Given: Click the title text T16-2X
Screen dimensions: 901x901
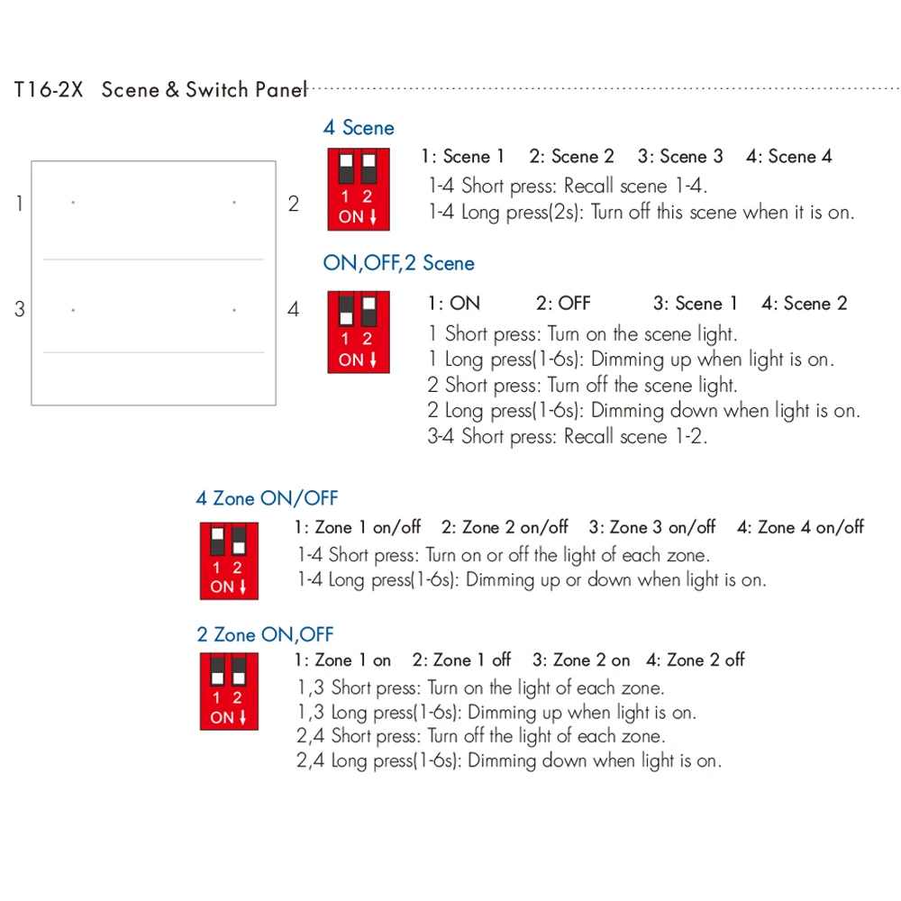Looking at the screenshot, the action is (49, 90).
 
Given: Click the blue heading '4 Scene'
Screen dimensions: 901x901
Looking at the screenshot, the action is (359, 128).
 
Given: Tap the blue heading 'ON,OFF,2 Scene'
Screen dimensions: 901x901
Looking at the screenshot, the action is (398, 263).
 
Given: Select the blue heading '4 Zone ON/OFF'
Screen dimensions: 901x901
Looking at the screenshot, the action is (267, 498).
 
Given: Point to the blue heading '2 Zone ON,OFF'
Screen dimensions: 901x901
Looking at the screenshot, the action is (265, 635).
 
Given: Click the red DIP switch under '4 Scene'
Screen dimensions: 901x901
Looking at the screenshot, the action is (358, 189).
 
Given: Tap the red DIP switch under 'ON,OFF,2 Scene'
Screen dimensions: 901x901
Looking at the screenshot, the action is (358, 332).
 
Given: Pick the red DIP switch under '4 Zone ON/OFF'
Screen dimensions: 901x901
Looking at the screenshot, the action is (228, 560).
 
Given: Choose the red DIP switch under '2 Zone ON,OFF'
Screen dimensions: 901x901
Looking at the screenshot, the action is (228, 692).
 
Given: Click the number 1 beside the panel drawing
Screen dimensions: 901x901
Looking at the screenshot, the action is (19, 204).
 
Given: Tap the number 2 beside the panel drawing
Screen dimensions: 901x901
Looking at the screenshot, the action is (293, 204).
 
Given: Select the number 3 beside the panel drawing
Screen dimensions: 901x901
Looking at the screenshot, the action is (19, 310).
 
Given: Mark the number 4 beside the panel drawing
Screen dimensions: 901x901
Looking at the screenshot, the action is (293, 310).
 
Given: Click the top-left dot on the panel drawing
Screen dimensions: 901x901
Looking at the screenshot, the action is (73, 203).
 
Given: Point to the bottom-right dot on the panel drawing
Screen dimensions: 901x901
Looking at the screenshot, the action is (234, 310).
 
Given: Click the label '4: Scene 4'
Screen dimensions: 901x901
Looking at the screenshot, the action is (788, 157).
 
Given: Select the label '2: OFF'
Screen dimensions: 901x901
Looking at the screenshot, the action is (563, 304).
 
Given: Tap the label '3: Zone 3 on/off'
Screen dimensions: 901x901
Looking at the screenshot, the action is (652, 528).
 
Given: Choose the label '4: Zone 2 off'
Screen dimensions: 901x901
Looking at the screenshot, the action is (696, 660).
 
